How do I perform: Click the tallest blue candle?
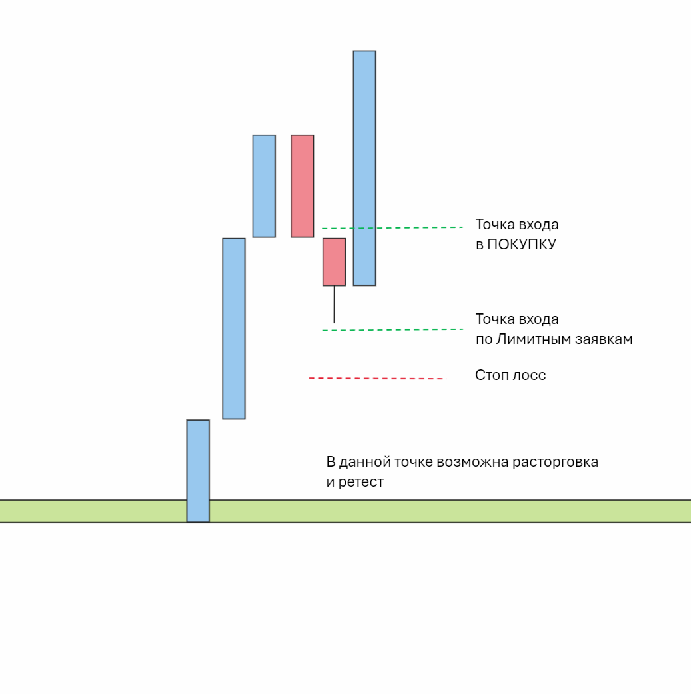(364, 168)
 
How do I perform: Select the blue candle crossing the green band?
(198, 471)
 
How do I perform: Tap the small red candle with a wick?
(334, 262)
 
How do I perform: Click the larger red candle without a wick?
(302, 186)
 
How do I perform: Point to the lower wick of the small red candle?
(334, 305)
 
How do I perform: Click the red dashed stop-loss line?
(376, 379)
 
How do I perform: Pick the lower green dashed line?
(392, 329)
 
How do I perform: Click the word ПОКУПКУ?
(522, 244)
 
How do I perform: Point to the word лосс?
(529, 375)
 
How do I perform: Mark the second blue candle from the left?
(234, 328)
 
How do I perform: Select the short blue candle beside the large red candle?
(264, 186)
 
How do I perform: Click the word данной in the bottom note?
(364, 462)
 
